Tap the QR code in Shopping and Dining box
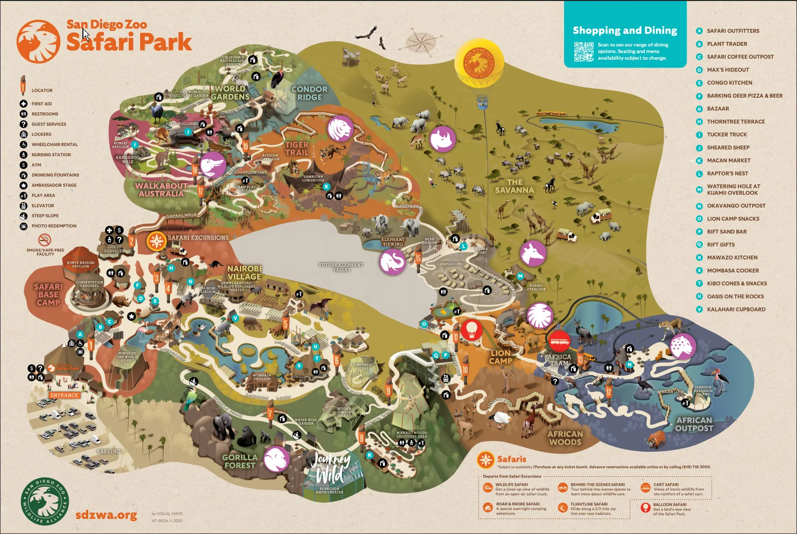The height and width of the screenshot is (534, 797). click(583, 52)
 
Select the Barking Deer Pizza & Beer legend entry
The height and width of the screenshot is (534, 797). click(744, 96)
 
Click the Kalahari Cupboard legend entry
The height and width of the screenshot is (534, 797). click(736, 309)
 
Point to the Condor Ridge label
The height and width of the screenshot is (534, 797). click(309, 93)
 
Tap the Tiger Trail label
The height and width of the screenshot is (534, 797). click(297, 148)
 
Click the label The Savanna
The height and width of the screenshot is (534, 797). click(515, 186)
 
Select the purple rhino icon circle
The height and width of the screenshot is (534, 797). click(442, 139)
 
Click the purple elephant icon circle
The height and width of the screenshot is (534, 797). click(392, 261)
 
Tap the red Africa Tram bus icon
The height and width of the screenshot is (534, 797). click(559, 340)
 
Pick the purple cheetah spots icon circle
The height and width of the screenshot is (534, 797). click(683, 346)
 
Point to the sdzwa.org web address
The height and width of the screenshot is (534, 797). click(106, 515)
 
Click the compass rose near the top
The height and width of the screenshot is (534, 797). click(421, 39)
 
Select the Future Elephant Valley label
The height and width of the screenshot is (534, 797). click(341, 267)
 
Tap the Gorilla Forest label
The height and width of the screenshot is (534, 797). click(240, 461)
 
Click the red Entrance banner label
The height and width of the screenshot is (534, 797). click(64, 395)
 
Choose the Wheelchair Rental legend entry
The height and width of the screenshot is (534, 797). click(54, 144)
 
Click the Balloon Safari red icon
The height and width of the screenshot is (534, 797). click(645, 507)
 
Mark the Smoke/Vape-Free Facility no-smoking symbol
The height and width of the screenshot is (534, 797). click(45, 240)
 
